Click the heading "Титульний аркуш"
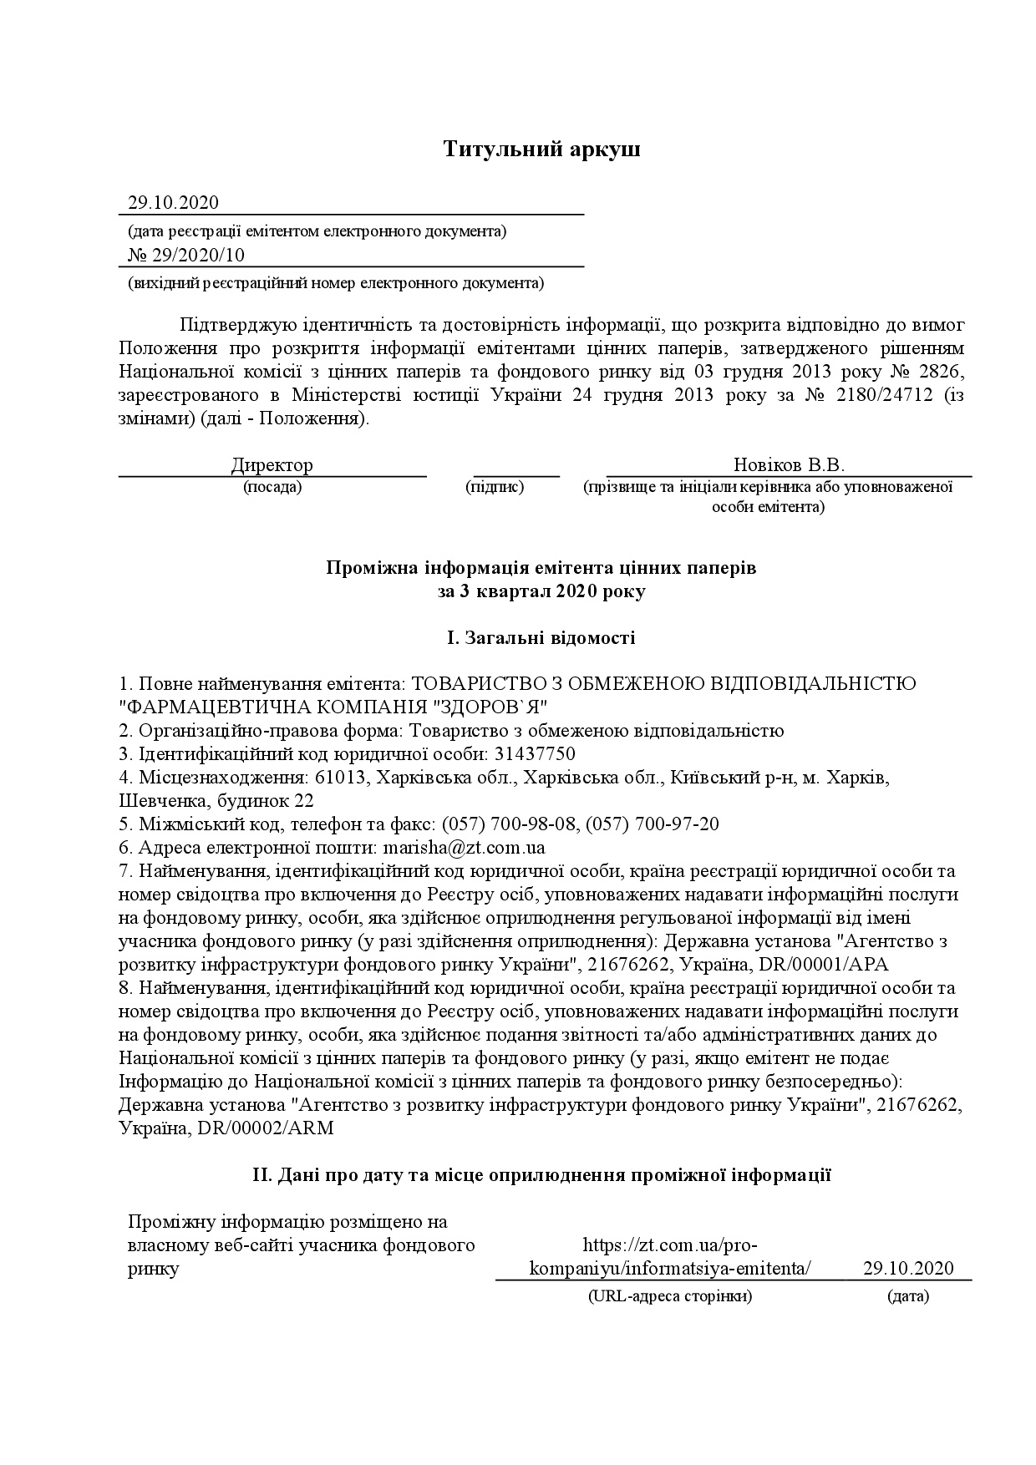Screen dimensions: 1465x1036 (x=541, y=150)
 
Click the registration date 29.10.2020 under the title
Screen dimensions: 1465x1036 (x=173, y=203)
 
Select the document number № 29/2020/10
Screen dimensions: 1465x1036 (x=186, y=256)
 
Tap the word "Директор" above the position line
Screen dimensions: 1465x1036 (x=272, y=465)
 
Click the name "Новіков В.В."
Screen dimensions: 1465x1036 (x=789, y=465)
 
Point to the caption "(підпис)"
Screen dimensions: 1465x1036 (x=495, y=488)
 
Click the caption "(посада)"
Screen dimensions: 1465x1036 (x=272, y=488)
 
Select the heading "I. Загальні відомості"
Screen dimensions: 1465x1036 (x=541, y=639)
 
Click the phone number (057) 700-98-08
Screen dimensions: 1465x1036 (x=509, y=824)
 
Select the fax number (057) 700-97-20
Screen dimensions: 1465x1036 (x=653, y=824)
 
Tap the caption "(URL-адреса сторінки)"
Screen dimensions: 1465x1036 (x=669, y=1297)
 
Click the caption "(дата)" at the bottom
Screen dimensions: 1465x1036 (x=907, y=1297)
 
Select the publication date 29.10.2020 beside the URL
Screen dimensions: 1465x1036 (x=908, y=1268)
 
